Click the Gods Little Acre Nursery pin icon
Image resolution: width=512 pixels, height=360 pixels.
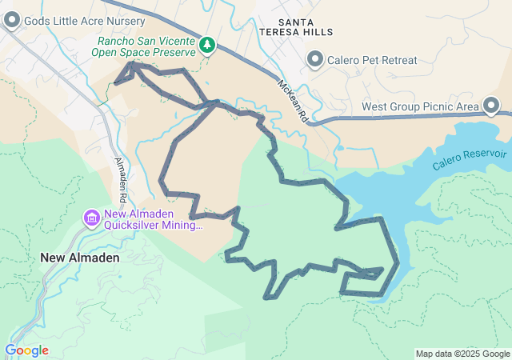12,21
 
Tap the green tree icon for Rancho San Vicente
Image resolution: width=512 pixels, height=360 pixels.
208,45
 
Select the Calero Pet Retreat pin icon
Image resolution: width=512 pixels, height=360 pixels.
315,59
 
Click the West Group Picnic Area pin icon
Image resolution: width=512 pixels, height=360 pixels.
490,106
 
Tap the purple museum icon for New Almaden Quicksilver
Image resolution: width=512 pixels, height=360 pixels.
91,218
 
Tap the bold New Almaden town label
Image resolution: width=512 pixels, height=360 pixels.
80,258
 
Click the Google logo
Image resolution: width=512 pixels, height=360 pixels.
26,350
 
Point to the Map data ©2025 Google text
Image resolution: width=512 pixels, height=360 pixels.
462,354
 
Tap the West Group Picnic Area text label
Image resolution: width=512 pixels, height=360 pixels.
420,106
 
